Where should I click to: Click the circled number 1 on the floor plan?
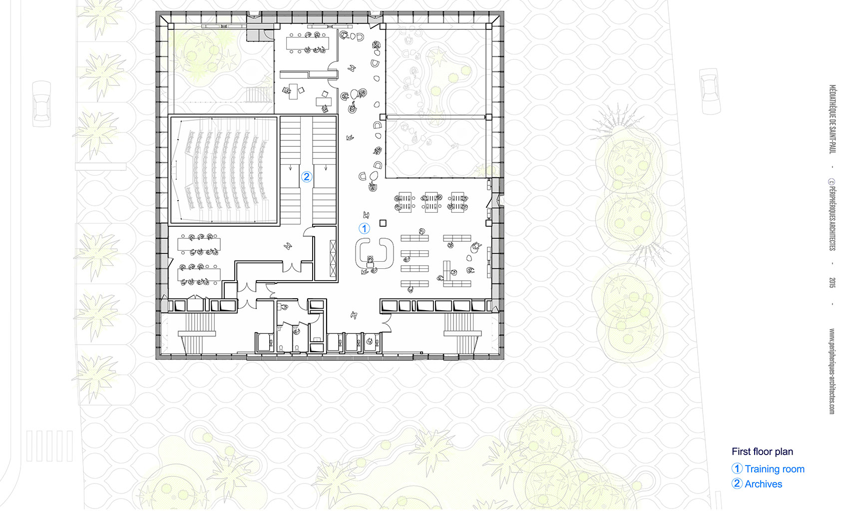pyautogui.click(x=364, y=228)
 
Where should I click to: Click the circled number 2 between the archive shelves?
pyautogui.click(x=306, y=177)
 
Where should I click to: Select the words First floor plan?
pyautogui.click(x=762, y=452)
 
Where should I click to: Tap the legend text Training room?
pyautogui.click(x=774, y=469)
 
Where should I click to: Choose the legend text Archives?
pyautogui.click(x=763, y=484)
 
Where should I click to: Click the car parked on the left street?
pyautogui.click(x=41, y=103)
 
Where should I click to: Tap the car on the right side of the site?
pyautogui.click(x=710, y=91)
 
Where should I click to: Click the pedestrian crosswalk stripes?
pyautogui.click(x=49, y=446)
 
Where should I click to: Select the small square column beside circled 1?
pyautogui.click(x=383, y=223)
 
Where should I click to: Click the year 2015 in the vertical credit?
pyautogui.click(x=833, y=282)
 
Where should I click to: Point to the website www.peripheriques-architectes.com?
pyautogui.click(x=833, y=371)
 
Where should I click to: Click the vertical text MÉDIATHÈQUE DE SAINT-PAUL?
pyautogui.click(x=833, y=119)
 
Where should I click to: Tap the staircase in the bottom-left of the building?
pyautogui.click(x=197, y=334)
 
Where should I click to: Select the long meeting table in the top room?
pyautogui.click(x=307, y=43)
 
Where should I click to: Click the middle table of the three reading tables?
pyautogui.click(x=431, y=202)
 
